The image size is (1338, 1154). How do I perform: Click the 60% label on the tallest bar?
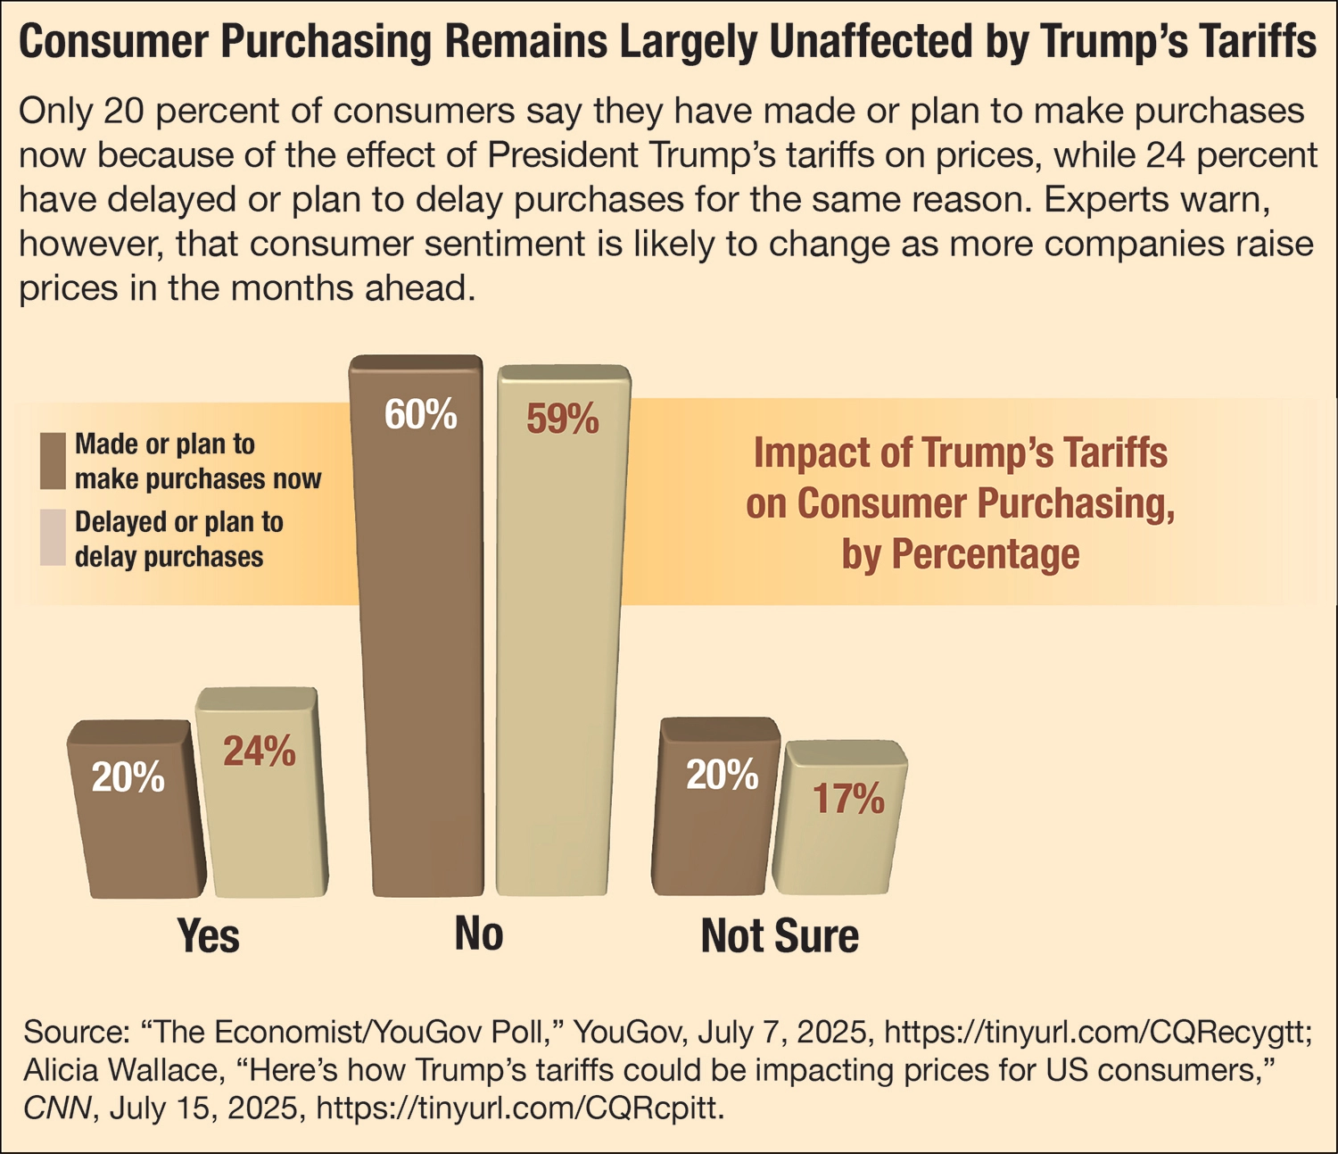click(420, 415)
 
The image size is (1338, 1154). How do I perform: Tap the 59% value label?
click(562, 419)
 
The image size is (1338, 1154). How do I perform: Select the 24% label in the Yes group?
click(259, 751)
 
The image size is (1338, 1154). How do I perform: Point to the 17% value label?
click(847, 799)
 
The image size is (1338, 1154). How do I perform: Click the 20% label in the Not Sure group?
click(722, 776)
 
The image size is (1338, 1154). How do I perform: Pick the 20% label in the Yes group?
click(128, 777)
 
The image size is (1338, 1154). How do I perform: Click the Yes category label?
click(208, 935)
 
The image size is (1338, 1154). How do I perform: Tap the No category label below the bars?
click(479, 934)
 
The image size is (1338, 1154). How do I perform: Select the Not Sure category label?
click(780, 935)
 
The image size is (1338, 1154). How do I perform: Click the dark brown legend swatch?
click(53, 461)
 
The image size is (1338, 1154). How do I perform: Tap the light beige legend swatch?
click(53, 538)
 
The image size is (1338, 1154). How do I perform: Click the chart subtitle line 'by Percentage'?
click(961, 554)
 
